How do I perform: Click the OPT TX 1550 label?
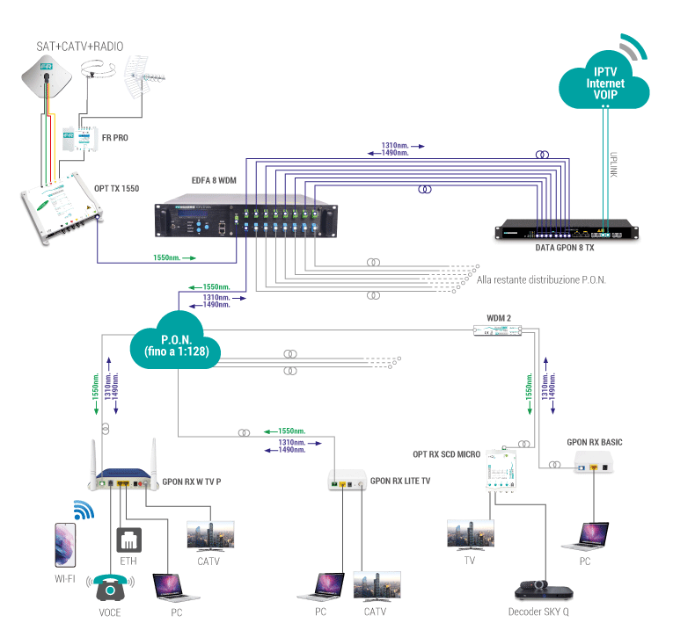point(116,188)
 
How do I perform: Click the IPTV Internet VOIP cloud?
point(604,83)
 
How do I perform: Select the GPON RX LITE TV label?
point(400,481)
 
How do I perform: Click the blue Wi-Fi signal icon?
point(84,511)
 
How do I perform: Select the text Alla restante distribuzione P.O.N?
point(541,279)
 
